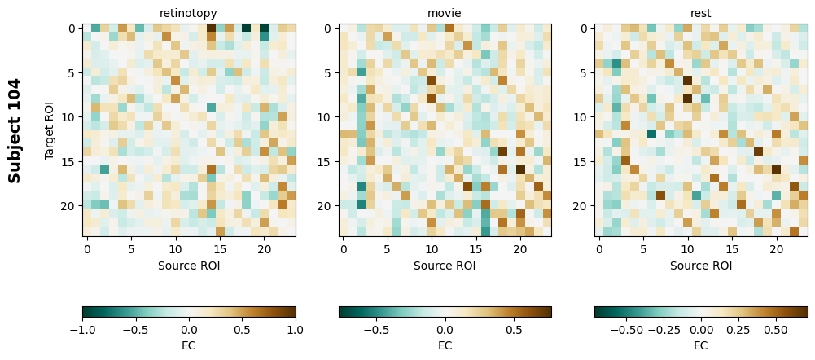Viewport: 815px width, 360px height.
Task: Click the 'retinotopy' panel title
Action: (x=189, y=14)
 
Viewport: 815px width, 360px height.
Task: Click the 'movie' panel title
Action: (x=445, y=14)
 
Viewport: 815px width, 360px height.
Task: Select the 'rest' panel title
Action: (x=701, y=14)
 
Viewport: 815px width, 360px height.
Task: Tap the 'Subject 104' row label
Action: (x=15, y=130)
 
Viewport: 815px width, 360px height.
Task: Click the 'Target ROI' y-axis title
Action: (x=50, y=130)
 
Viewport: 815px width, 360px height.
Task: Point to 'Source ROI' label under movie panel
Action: (x=445, y=266)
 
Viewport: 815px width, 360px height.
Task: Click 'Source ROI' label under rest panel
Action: (x=701, y=266)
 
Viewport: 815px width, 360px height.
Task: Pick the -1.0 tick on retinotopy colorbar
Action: (x=82, y=331)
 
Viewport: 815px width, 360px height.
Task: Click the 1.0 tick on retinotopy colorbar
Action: (x=296, y=331)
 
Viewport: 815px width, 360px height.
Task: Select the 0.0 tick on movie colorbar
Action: (x=445, y=331)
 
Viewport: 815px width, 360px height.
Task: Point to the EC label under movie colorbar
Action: (x=445, y=346)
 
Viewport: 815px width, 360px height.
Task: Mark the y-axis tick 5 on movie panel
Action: (x=328, y=73)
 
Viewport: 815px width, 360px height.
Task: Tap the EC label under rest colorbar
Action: (x=701, y=346)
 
